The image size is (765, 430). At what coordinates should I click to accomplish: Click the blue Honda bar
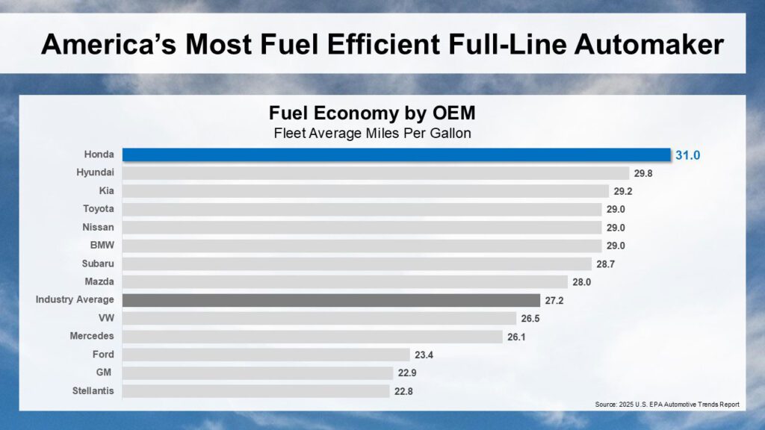tap(396, 155)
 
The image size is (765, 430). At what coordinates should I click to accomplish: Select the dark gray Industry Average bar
tap(331, 300)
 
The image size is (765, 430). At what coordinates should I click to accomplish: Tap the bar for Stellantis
tap(255, 390)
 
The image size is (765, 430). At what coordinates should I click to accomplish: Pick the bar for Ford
tap(266, 355)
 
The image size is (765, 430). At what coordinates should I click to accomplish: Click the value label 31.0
tap(689, 155)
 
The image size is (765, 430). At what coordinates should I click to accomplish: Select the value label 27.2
tap(554, 300)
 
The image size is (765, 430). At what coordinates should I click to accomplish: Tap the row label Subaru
tap(98, 264)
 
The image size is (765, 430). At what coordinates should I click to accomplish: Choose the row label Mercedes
tap(92, 336)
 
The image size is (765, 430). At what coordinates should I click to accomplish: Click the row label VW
tap(105, 318)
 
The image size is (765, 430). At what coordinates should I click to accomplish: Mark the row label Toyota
tap(99, 209)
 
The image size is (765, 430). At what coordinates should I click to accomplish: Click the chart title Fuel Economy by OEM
tap(372, 114)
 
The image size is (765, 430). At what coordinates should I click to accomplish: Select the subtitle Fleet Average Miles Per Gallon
tap(372, 134)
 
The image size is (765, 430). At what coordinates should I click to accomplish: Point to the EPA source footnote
tap(666, 405)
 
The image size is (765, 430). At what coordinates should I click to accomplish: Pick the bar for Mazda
tap(345, 281)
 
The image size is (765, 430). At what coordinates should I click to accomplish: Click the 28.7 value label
tap(606, 264)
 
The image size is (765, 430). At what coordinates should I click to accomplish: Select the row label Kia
tap(106, 191)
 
